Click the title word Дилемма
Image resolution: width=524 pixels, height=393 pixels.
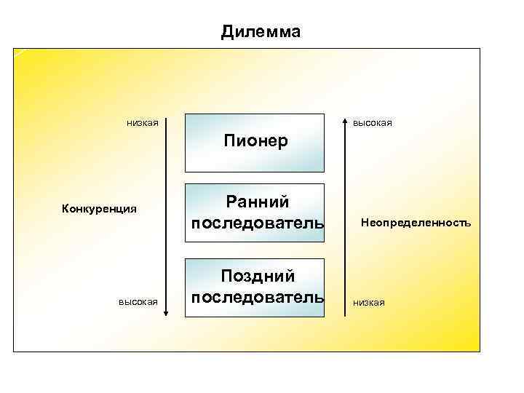pyautogui.click(x=261, y=32)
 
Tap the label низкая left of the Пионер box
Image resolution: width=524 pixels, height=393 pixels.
pyautogui.click(x=143, y=122)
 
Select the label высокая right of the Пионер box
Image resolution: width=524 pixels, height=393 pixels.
pyautogui.click(x=373, y=123)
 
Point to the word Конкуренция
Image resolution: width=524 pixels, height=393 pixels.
pyautogui.click(x=100, y=210)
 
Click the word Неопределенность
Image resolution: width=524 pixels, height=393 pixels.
pyautogui.click(x=416, y=223)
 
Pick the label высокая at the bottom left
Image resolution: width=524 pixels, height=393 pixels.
pyautogui.click(x=138, y=302)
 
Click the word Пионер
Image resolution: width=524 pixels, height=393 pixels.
pyautogui.click(x=255, y=140)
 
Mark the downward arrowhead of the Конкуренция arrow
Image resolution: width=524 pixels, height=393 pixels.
pyautogui.click(x=167, y=312)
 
